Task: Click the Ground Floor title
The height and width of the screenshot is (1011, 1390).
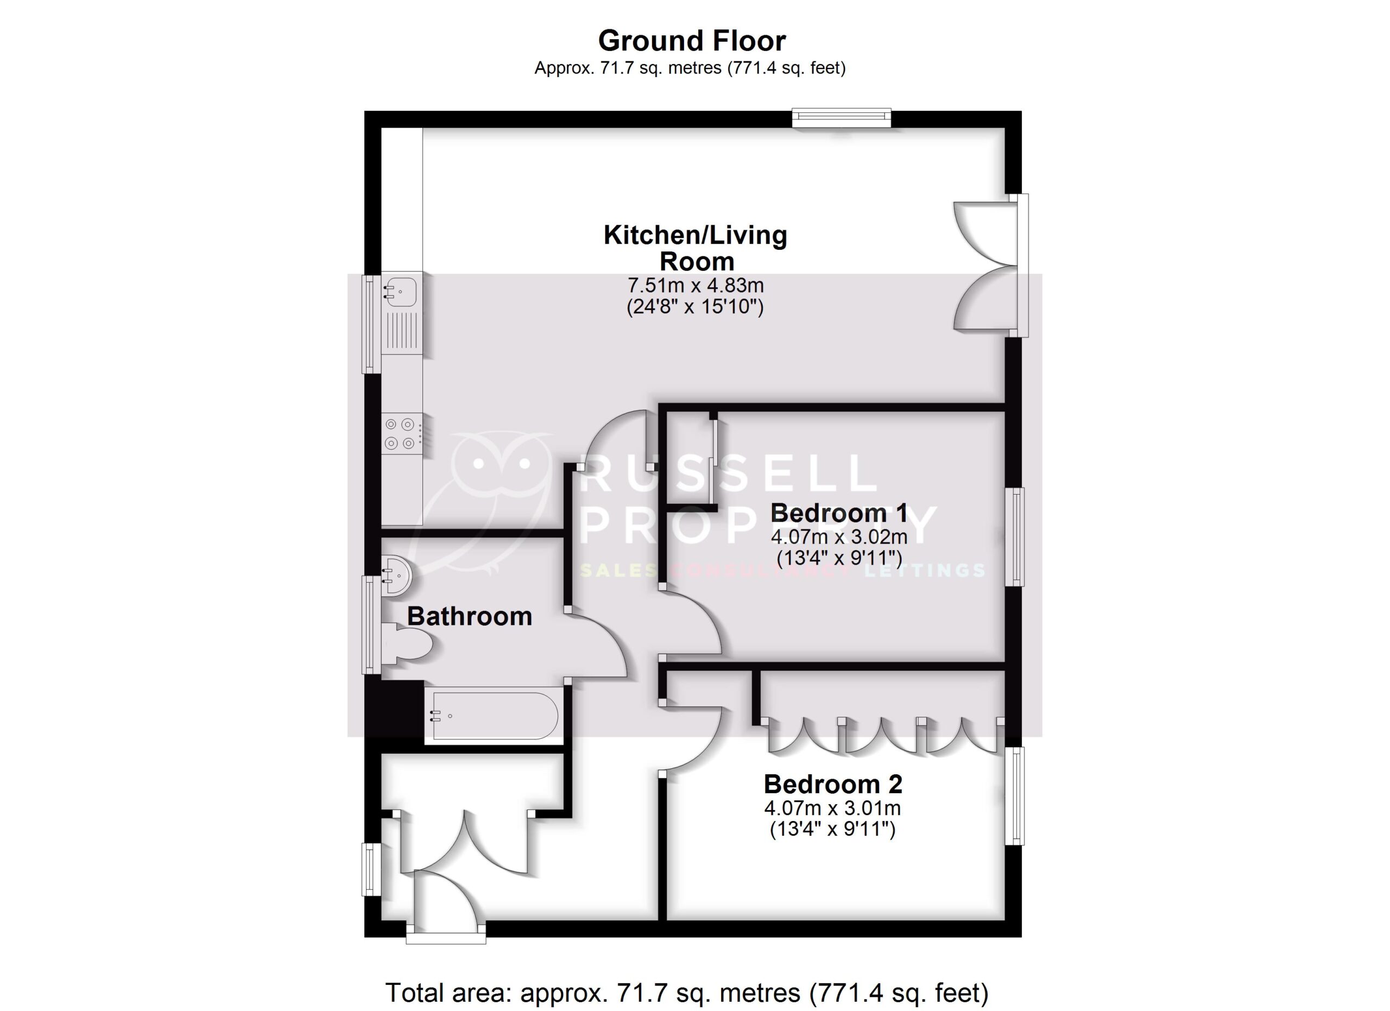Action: tap(692, 41)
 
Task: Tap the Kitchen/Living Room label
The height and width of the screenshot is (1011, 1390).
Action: tap(695, 248)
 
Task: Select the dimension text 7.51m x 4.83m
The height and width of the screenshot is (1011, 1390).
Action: tap(695, 286)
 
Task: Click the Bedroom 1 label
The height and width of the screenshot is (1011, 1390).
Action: tap(838, 514)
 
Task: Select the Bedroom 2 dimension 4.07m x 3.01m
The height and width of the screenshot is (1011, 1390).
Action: tap(832, 808)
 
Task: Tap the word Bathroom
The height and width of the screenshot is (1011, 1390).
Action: tap(470, 616)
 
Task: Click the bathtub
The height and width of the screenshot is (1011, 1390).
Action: tap(494, 716)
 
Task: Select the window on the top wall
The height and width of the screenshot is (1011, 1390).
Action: tap(841, 118)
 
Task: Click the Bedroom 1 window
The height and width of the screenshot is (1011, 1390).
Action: tap(1015, 537)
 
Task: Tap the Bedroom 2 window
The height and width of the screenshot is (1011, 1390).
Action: tap(1015, 796)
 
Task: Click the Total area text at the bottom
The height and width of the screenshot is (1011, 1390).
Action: tap(686, 992)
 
